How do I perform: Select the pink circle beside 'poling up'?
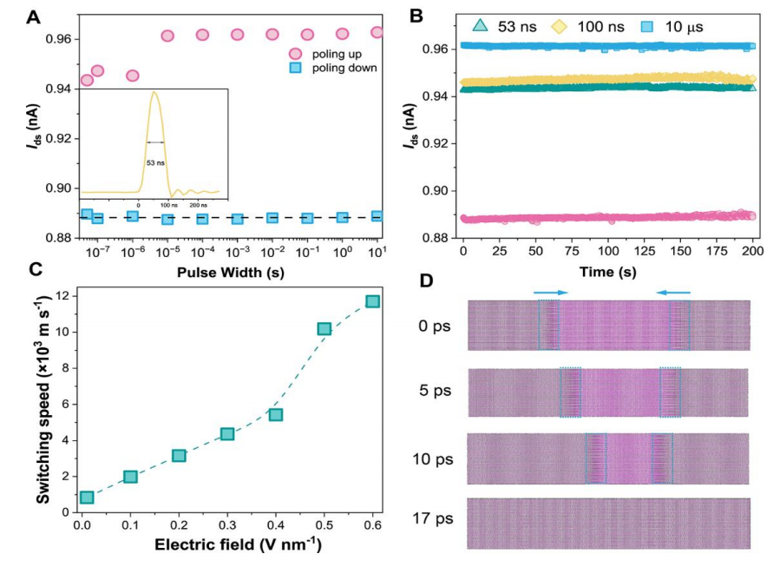click(x=295, y=54)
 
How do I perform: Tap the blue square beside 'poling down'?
click(x=295, y=69)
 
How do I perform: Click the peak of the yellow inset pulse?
click(x=154, y=92)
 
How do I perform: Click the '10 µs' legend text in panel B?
click(x=683, y=26)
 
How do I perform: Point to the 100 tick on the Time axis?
click(x=608, y=249)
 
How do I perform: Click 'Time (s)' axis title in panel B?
click(x=607, y=269)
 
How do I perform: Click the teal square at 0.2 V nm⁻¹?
click(x=179, y=455)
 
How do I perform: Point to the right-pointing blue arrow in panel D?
click(x=549, y=293)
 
